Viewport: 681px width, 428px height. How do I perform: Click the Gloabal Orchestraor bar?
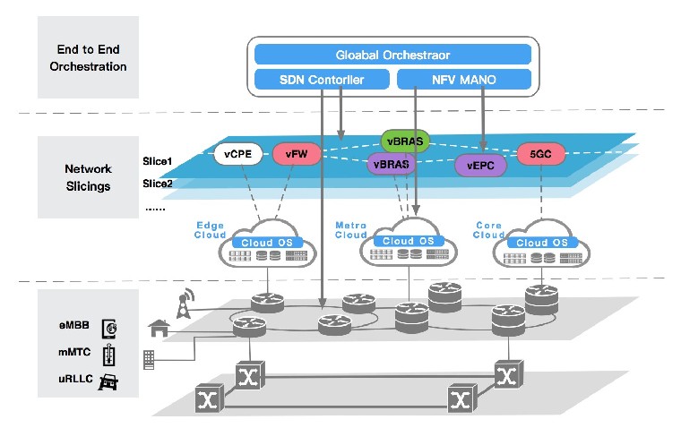click(x=392, y=55)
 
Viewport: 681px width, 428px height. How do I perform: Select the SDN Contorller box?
click(x=321, y=81)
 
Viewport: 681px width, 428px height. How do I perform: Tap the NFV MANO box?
click(x=463, y=81)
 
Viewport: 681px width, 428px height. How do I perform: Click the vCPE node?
click(x=240, y=155)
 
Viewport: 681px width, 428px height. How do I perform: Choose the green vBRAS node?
click(x=405, y=141)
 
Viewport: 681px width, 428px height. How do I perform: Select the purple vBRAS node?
click(x=392, y=163)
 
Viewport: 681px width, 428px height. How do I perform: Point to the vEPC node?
click(x=475, y=164)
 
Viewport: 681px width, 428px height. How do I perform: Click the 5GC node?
click(x=540, y=154)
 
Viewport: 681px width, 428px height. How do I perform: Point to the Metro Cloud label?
click(x=350, y=229)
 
